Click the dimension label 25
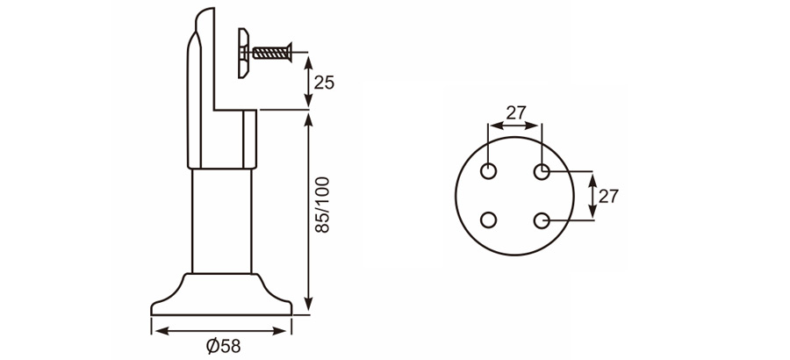point(324,83)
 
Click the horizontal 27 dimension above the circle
point(516,112)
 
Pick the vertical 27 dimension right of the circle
point(608,195)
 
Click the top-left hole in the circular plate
point(490,169)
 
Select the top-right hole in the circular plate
point(542,169)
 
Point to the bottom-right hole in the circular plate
point(542,220)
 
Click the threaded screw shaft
point(274,52)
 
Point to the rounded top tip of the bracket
point(205,12)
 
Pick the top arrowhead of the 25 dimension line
point(306,59)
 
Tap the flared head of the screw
point(291,52)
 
